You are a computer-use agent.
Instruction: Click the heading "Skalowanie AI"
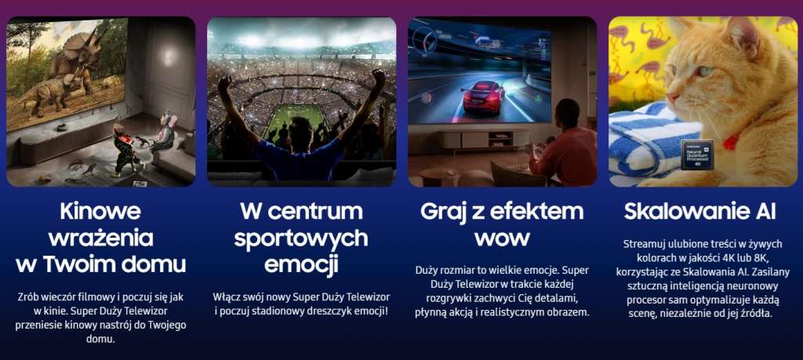[x=699, y=212]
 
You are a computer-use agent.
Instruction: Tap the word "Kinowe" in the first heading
[x=100, y=212]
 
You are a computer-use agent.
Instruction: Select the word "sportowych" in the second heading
[x=302, y=237]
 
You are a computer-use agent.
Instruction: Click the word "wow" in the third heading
[x=502, y=237]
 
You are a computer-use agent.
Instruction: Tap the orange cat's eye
[x=706, y=71]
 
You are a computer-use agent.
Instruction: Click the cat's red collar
[x=732, y=141]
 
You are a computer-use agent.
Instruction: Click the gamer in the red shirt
[x=566, y=149]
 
